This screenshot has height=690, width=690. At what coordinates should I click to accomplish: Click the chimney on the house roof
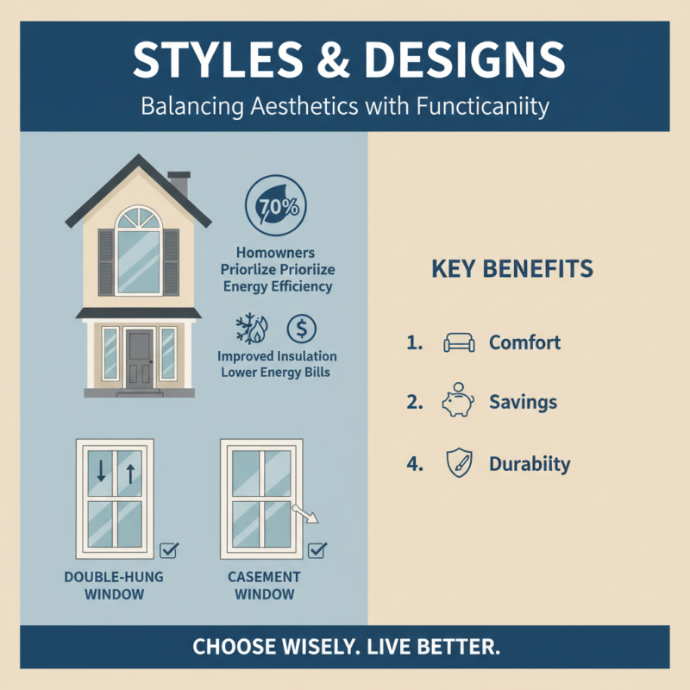tap(179, 184)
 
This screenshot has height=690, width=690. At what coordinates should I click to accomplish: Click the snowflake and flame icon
tap(252, 329)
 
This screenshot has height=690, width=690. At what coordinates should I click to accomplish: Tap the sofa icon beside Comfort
tap(458, 342)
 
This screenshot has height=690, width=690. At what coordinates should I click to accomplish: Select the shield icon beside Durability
tap(457, 464)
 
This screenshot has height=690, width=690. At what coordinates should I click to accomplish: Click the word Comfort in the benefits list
tap(524, 342)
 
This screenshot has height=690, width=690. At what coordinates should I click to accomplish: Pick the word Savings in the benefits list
tap(523, 402)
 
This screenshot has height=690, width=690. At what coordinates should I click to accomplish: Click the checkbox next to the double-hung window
tap(169, 549)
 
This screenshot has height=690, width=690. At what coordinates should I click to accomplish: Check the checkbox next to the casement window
tap(317, 549)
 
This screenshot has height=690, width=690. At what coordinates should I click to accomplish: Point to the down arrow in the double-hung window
tap(102, 471)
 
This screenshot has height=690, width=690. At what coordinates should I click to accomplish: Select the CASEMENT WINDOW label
tap(264, 585)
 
